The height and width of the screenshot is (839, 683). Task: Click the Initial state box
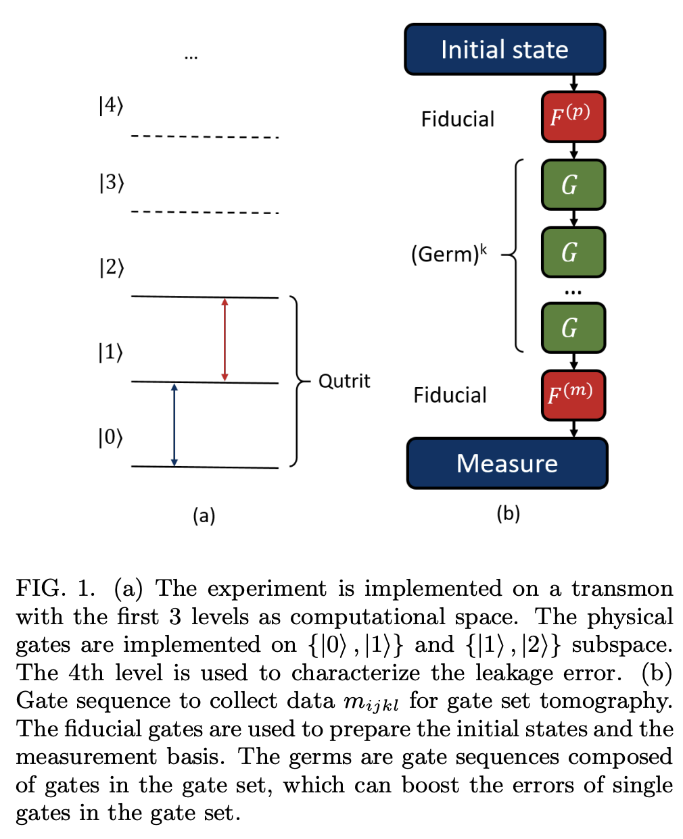point(504,49)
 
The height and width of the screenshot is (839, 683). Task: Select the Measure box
point(507,463)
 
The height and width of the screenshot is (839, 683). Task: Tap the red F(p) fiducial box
point(573,117)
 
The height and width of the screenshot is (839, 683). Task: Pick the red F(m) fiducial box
point(573,395)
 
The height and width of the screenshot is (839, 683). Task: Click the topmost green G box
point(573,184)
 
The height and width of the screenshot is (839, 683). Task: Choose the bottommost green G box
point(573,328)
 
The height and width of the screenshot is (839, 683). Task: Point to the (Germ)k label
point(449,255)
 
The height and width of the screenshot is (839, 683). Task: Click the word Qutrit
point(344,381)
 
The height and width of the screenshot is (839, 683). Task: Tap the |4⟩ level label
point(111,106)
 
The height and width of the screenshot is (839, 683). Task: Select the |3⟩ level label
point(112,183)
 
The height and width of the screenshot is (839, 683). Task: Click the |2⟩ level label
point(112,268)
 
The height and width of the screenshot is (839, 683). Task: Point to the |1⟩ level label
point(111,352)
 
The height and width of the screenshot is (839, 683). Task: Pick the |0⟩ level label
point(111,438)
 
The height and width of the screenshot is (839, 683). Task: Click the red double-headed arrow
point(225,339)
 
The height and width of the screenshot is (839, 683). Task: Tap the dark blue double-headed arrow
point(174,425)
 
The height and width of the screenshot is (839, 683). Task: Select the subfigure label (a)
point(204,516)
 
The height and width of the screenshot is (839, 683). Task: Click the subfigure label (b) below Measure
point(508,514)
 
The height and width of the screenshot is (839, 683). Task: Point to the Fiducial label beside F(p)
point(458,120)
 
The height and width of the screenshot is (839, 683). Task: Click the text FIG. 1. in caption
point(56,588)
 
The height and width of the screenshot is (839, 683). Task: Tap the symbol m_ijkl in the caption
point(371,702)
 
